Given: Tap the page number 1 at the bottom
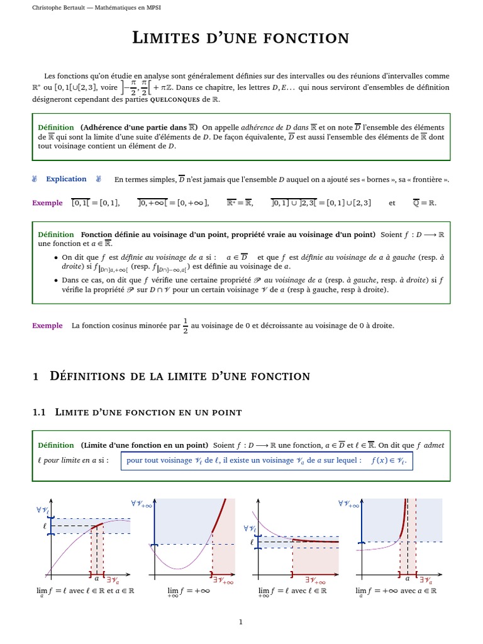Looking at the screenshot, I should coord(241,622).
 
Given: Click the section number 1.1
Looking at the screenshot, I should coord(40,412).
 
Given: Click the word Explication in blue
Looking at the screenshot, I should coord(66,179).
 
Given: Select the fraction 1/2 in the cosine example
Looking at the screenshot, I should coord(185,326).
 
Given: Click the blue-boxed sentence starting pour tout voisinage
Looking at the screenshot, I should coord(267,460).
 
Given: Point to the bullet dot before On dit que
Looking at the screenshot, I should coord(57,257).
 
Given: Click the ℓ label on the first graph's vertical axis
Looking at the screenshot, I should coord(45,524).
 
